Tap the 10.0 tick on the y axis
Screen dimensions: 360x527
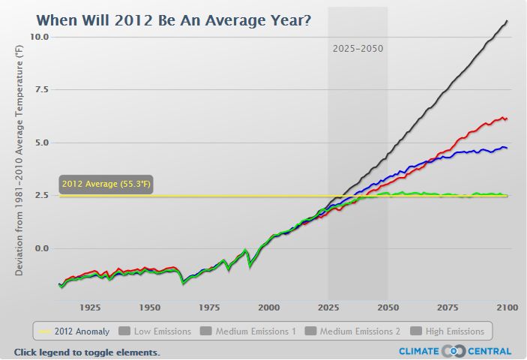[x=40, y=37]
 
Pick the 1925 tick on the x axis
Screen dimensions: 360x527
[x=90, y=307]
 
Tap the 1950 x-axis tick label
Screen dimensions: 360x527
[x=149, y=307]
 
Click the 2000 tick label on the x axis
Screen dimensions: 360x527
[x=268, y=307]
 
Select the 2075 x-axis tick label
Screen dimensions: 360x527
[x=448, y=307]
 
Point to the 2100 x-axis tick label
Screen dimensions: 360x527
[x=508, y=307]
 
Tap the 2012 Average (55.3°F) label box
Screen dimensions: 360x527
[x=106, y=184]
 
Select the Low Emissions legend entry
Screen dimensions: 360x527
[x=155, y=331]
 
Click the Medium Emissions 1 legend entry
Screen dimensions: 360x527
[x=249, y=331]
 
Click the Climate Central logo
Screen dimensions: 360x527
[x=455, y=351]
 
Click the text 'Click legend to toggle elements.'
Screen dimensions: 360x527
[x=87, y=352]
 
